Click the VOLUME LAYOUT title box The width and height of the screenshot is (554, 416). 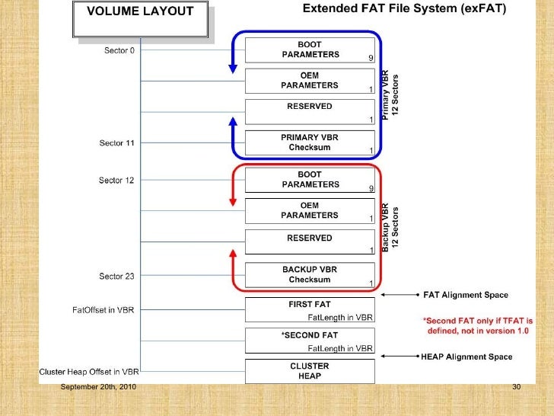tap(140, 18)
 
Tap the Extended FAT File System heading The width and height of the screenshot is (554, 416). tap(408, 10)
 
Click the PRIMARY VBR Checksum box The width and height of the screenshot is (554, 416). tap(309, 142)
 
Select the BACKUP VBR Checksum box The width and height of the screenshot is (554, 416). tap(309, 274)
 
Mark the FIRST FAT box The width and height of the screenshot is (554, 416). tap(309, 309)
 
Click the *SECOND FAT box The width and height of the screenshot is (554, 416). tap(309, 340)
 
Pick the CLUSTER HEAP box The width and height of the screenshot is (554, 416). tap(309, 371)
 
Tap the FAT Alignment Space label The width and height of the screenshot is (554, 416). tap(465, 295)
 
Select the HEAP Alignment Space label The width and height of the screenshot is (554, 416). tap(466, 357)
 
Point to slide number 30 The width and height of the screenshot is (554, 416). tap(516, 389)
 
